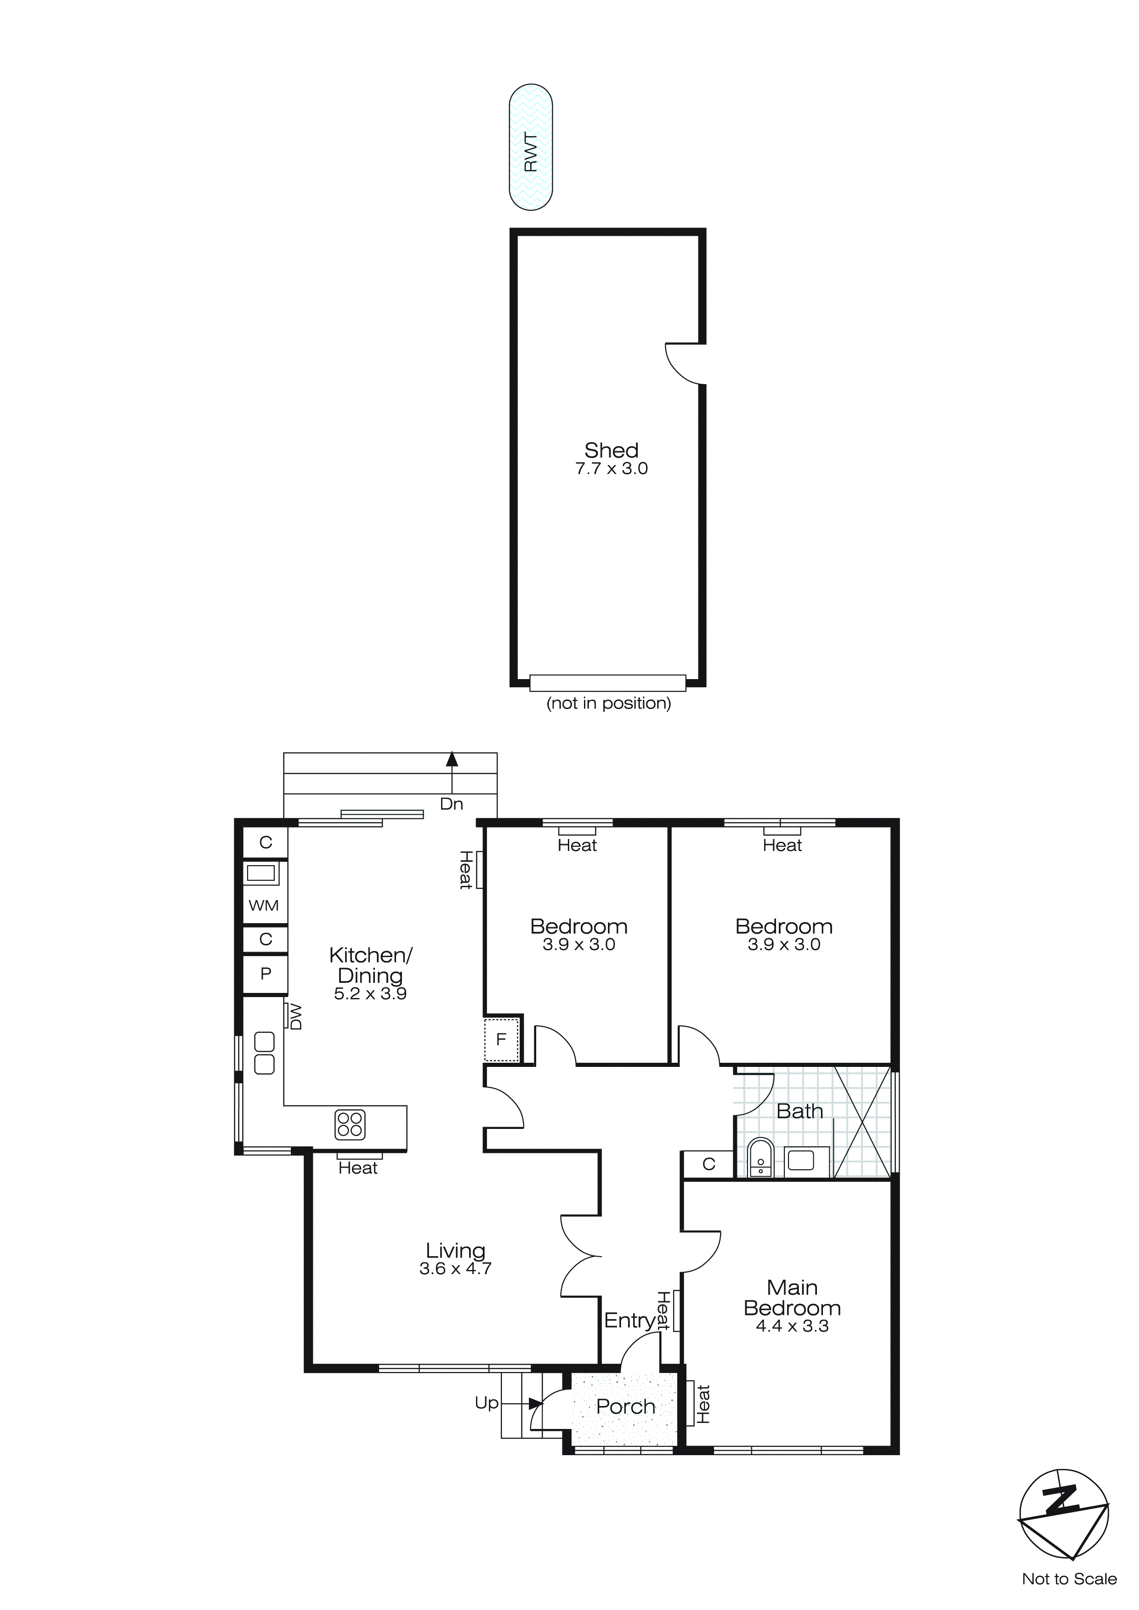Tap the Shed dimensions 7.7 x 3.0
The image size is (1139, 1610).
click(x=611, y=469)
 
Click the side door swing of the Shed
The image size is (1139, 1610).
click(x=684, y=364)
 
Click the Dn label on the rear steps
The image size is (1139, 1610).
click(x=451, y=804)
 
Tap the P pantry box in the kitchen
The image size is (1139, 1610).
click(x=265, y=974)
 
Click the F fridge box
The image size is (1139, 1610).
click(x=501, y=1039)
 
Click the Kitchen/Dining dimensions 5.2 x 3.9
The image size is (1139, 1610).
click(x=370, y=994)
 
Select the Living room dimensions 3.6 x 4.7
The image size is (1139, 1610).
click(x=455, y=1269)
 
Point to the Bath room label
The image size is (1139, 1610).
click(x=799, y=1111)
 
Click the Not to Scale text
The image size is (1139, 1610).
click(x=1069, y=1579)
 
